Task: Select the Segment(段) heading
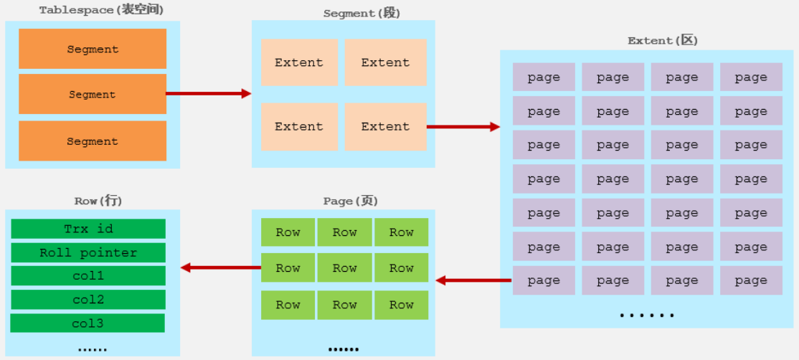pyautogui.click(x=361, y=13)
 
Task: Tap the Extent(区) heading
pyautogui.click(x=663, y=41)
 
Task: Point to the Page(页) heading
pyautogui.click(x=351, y=201)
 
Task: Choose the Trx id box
pyautogui.click(x=88, y=229)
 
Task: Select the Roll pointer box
pyautogui.click(x=88, y=252)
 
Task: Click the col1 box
pyautogui.click(x=88, y=275)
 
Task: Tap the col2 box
pyautogui.click(x=88, y=300)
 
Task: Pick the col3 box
pyautogui.click(x=88, y=323)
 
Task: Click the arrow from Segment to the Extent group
pyautogui.click(x=209, y=93)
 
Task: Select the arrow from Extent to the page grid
pyautogui.click(x=463, y=127)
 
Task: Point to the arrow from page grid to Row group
pyautogui.click(x=473, y=280)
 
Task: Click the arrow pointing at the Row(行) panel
pyautogui.click(x=221, y=267)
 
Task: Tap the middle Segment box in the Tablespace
pyautogui.click(x=93, y=94)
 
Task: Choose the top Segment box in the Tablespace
pyautogui.click(x=93, y=49)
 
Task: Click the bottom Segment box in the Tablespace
pyautogui.click(x=93, y=141)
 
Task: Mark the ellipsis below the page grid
pyautogui.click(x=647, y=316)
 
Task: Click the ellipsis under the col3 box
pyautogui.click(x=93, y=350)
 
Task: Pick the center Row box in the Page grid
pyautogui.click(x=345, y=267)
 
